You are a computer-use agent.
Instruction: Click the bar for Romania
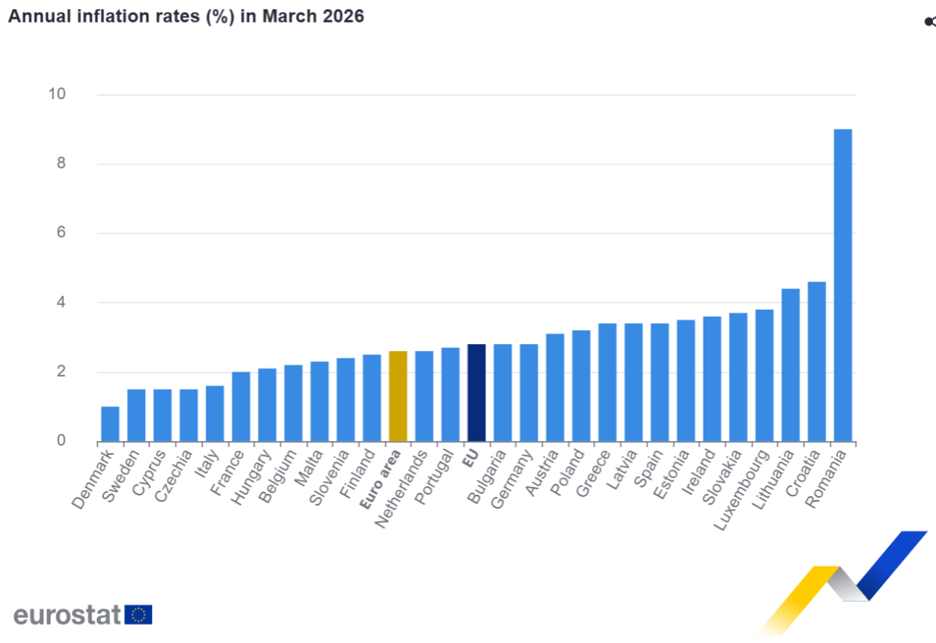coord(843,285)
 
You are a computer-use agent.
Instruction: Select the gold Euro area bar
coord(398,396)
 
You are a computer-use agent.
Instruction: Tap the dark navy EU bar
coord(477,393)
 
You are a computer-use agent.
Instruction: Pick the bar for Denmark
coord(110,424)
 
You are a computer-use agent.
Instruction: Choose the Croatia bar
coord(817,361)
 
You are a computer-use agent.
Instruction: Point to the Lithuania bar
coord(791,365)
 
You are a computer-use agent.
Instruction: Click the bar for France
coord(241,407)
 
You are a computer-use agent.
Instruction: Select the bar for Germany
coord(529,393)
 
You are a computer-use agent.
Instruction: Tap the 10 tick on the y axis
coord(57,94)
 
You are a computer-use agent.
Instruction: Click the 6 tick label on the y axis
coord(61,232)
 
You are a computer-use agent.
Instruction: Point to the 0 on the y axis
coord(61,440)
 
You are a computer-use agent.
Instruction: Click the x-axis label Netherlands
coord(401,489)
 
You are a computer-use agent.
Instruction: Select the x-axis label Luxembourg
coord(741,490)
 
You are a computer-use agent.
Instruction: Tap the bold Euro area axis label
coord(380,480)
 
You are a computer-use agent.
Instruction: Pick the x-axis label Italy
coord(207,464)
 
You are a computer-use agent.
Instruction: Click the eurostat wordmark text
coord(67,615)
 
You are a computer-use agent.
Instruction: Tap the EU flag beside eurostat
coord(138,615)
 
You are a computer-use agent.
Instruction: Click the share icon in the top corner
coord(930,21)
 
